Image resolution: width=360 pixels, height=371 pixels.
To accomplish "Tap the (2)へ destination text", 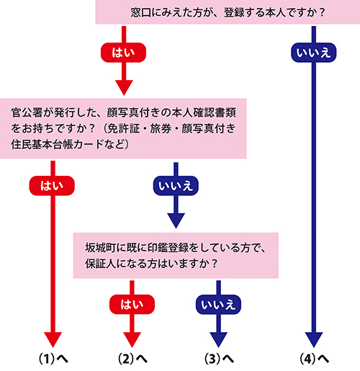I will (131, 358).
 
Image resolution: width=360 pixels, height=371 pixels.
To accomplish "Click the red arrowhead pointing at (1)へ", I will (53, 337).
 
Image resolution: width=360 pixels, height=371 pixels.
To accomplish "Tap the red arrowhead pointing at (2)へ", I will (131, 337).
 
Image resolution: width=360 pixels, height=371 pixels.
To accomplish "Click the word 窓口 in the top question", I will (142, 12).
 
